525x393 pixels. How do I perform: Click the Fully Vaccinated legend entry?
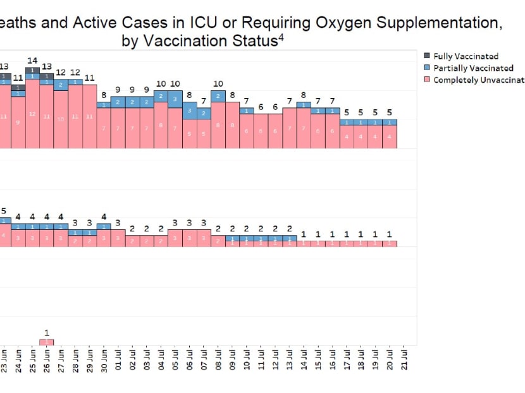pyautogui.click(x=466, y=56)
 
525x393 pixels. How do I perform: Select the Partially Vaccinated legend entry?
pyautogui.click(x=472, y=68)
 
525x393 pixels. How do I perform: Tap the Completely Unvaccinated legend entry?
pyautogui.click(x=478, y=80)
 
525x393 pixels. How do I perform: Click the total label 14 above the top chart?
pyautogui.click(x=32, y=60)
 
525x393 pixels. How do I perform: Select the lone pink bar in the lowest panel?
pyautogui.click(x=47, y=342)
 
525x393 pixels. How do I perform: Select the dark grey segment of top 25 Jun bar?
pyautogui.click(x=32, y=70)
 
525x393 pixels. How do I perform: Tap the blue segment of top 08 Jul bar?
pyautogui.click(x=218, y=96)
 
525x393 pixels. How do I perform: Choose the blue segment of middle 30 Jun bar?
pyautogui.click(x=104, y=226)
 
